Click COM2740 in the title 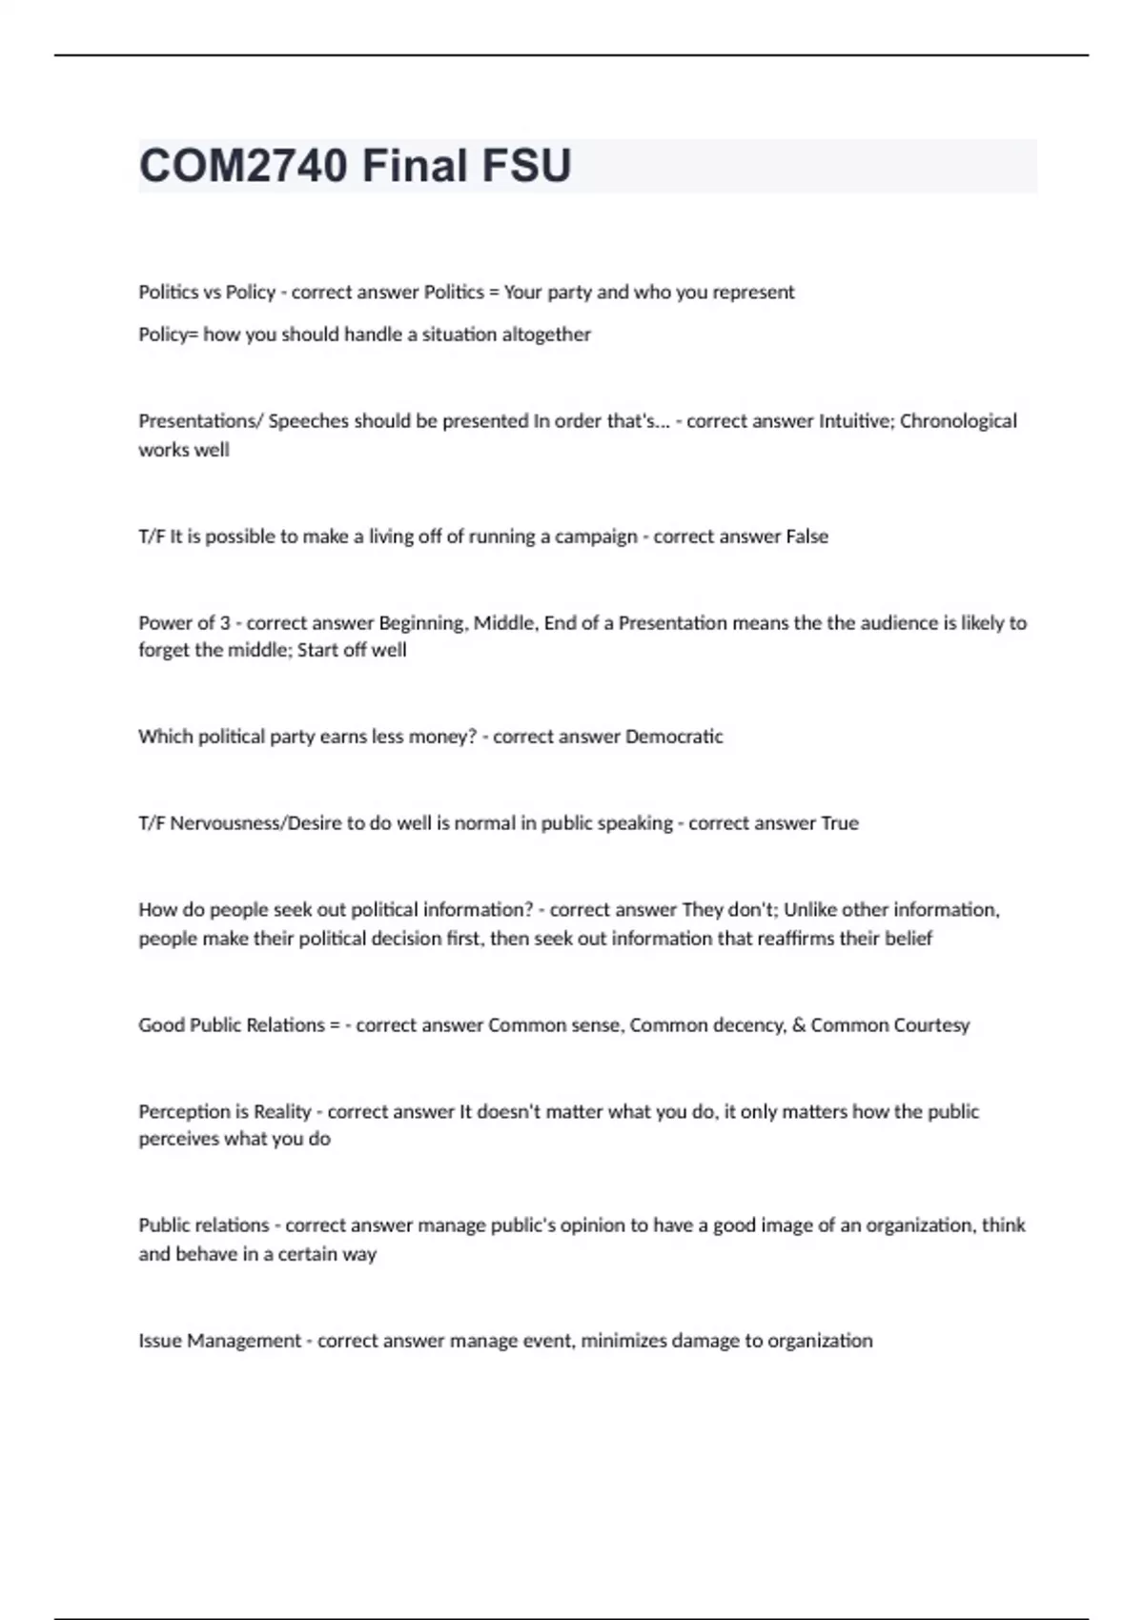click(243, 166)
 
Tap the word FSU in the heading click(526, 166)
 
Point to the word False click(807, 537)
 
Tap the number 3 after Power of click(225, 623)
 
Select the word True click(839, 823)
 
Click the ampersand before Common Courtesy click(799, 1025)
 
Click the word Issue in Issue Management click(159, 1341)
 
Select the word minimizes click(623, 1341)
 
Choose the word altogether click(546, 334)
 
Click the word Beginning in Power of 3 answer click(423, 623)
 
